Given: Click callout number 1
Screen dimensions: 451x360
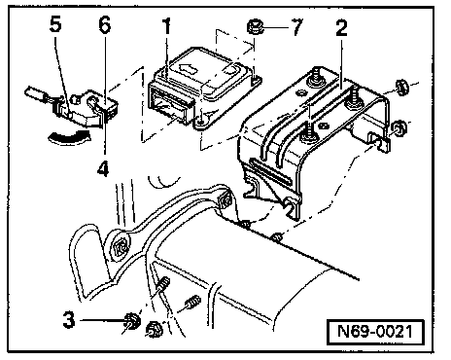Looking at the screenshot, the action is (166, 26).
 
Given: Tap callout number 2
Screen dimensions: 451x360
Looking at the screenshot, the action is (341, 28).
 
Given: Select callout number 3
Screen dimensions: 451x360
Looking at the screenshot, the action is (69, 320).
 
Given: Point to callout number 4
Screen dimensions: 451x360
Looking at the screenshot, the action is (103, 168).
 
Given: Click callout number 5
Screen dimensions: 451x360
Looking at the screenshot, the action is (55, 24).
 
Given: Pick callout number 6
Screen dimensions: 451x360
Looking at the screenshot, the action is (105, 24).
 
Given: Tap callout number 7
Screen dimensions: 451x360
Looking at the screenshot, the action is (296, 26).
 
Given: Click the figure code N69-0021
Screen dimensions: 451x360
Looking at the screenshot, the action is (375, 332).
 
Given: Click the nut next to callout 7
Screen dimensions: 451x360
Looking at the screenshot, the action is (256, 26).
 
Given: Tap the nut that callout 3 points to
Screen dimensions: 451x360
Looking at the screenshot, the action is (132, 320).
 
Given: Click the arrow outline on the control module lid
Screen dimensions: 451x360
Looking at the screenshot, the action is (189, 68).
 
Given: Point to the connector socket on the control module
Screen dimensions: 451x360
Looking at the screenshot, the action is (168, 106).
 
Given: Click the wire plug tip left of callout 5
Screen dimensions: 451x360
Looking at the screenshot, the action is (34, 92).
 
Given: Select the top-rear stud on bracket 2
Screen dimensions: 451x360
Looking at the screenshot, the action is (316, 77).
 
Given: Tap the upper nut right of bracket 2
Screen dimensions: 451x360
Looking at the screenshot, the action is (401, 87).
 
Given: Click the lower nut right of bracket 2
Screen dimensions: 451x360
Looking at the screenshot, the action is (399, 127).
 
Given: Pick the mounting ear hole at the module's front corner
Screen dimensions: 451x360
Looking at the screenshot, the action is (201, 122).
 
